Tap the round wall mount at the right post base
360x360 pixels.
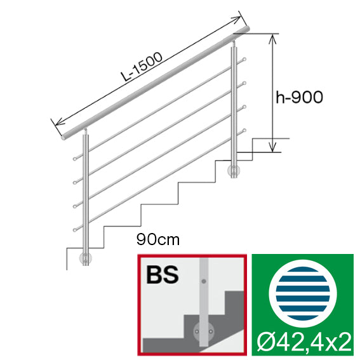pyautogui.click(x=235, y=171)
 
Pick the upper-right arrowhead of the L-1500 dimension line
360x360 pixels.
pyautogui.click(x=240, y=15)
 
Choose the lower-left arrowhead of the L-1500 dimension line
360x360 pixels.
pyautogui.click(x=57, y=120)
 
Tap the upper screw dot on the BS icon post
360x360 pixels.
pyautogui.click(x=204, y=281)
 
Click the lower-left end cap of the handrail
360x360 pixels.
pyautogui.click(x=62, y=136)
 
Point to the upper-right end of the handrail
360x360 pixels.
pyautogui.click(x=250, y=29)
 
